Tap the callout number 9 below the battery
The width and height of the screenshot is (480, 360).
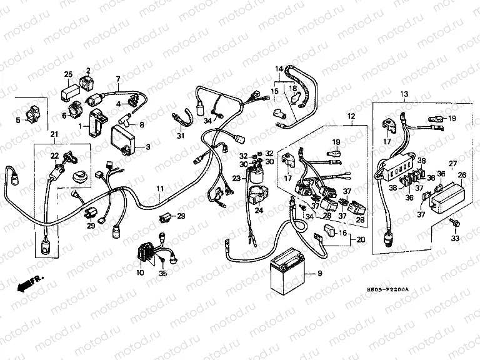pos(321,274)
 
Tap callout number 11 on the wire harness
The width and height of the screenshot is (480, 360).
pos(160,187)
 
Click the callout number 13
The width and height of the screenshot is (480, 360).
pos(404,94)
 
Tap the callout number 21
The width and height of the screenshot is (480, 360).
pos(54,135)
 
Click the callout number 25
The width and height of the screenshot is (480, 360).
pos(67,74)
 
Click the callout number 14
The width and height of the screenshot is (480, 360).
pos(279,68)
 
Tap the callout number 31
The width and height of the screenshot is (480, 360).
pos(180,136)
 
